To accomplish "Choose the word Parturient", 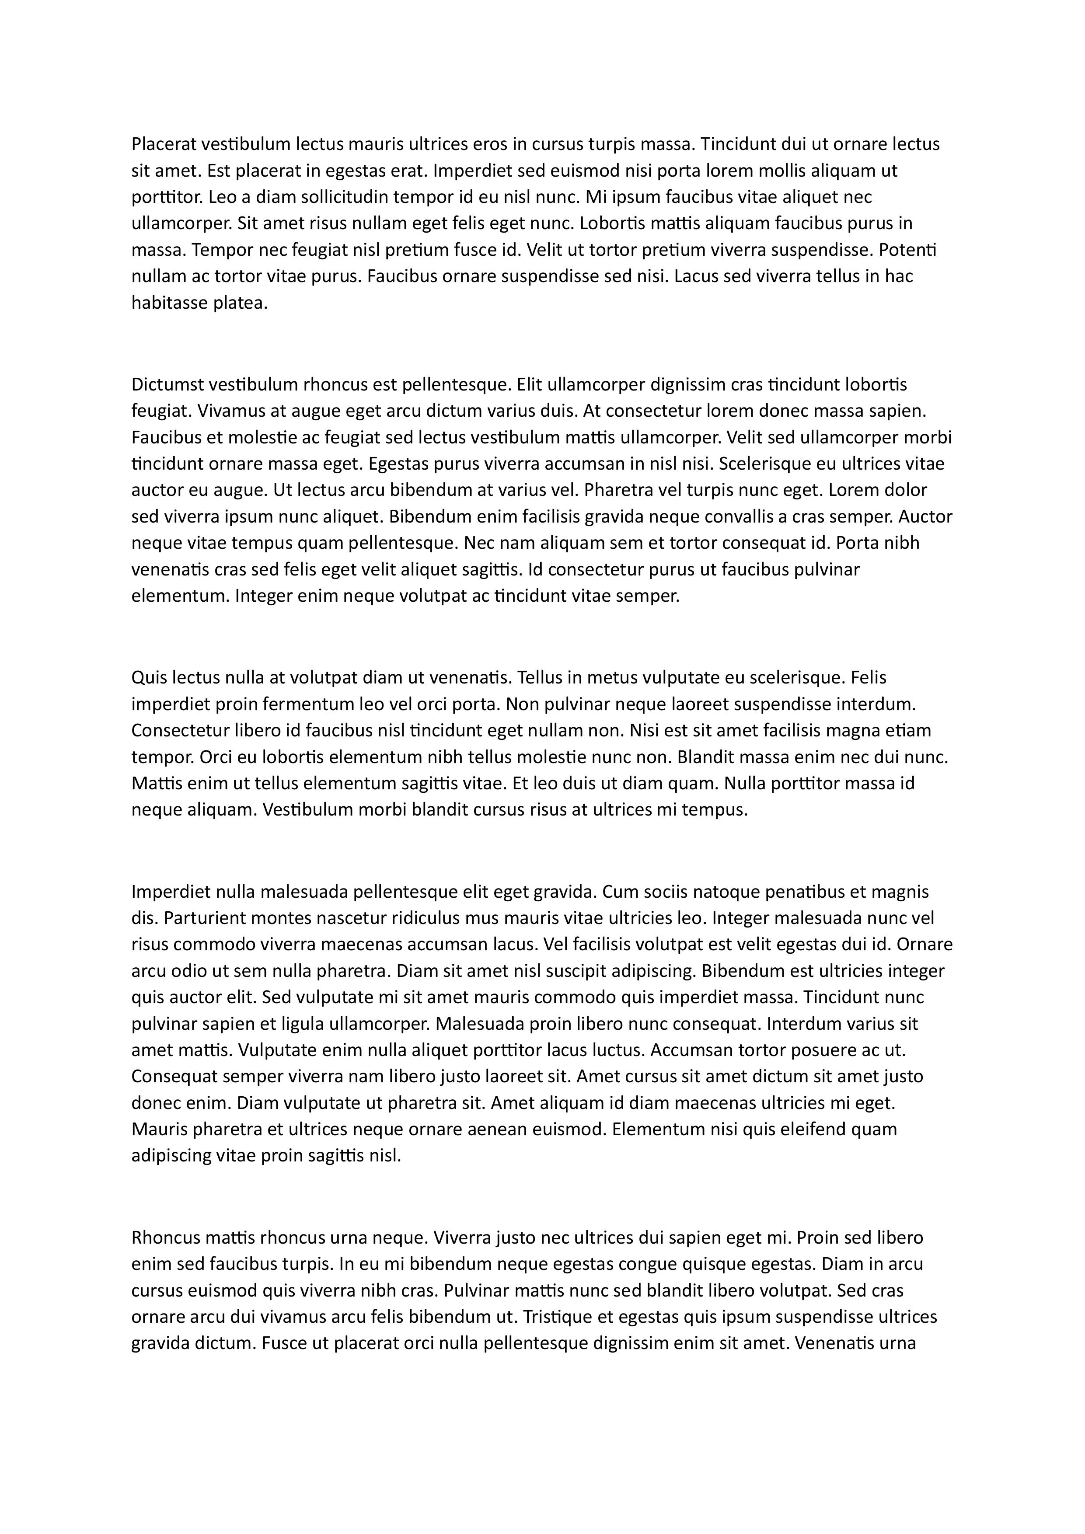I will [x=204, y=918].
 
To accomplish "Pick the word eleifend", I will [x=806, y=1129].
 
